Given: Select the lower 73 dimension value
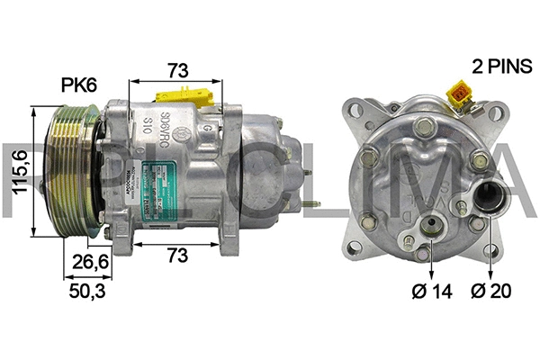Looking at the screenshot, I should [x=176, y=256].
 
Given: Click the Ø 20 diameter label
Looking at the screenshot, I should [x=490, y=291].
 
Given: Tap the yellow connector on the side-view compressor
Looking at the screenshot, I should [x=187, y=94].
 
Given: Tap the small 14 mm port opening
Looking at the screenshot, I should [x=434, y=226].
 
